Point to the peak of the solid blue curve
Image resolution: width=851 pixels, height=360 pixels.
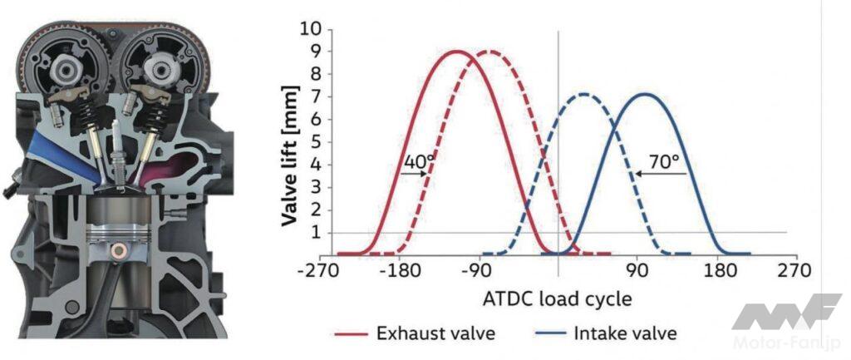pos(644,94)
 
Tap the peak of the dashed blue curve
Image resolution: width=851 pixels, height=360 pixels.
pos(583,94)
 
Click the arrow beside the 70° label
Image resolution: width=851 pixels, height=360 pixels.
pos(661,174)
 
